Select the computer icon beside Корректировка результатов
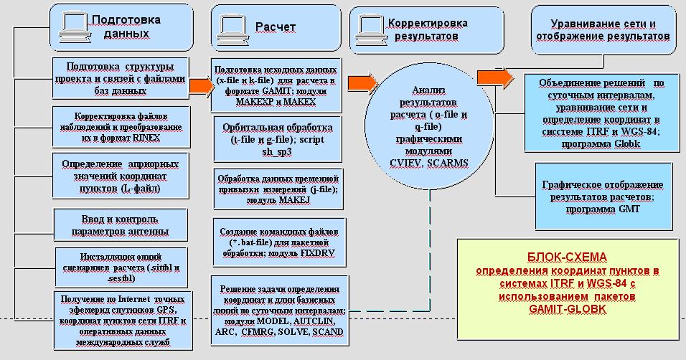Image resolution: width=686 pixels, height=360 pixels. pos(368,25)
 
